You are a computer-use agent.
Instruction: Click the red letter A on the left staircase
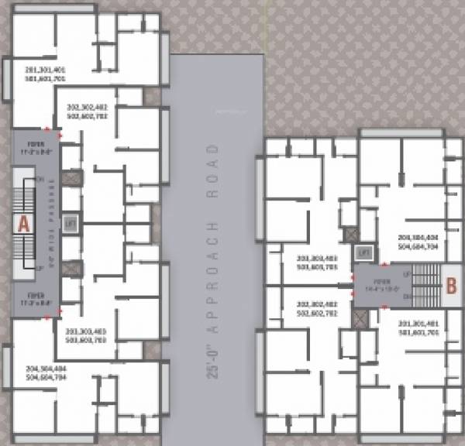pyautogui.click(x=23, y=225)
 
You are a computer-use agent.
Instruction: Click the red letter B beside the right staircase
pyautogui.click(x=449, y=284)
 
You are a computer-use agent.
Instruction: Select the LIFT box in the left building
pyautogui.click(x=71, y=222)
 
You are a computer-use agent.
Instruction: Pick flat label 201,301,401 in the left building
pyautogui.click(x=47, y=74)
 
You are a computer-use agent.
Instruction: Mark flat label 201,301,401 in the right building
pyautogui.click(x=419, y=328)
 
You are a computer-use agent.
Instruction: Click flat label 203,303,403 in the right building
pyautogui.click(x=317, y=261)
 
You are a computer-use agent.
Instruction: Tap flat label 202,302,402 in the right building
pyautogui.click(x=317, y=310)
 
